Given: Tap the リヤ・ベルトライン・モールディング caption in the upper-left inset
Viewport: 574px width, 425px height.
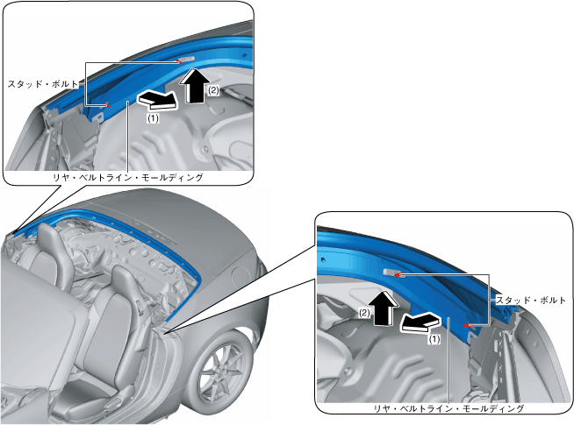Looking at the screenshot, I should click(128, 177).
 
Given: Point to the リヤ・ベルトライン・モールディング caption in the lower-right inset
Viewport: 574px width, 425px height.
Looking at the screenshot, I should click(448, 408).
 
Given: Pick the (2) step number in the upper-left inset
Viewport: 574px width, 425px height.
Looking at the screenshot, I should click(212, 89).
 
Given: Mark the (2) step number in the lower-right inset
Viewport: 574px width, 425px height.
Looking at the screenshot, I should click(363, 312).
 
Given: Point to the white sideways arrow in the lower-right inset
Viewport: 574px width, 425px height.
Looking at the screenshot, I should click(420, 323).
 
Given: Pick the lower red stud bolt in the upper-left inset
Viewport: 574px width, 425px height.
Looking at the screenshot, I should click(107, 105).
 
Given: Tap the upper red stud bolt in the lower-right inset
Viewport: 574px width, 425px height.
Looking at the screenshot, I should click(397, 274).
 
